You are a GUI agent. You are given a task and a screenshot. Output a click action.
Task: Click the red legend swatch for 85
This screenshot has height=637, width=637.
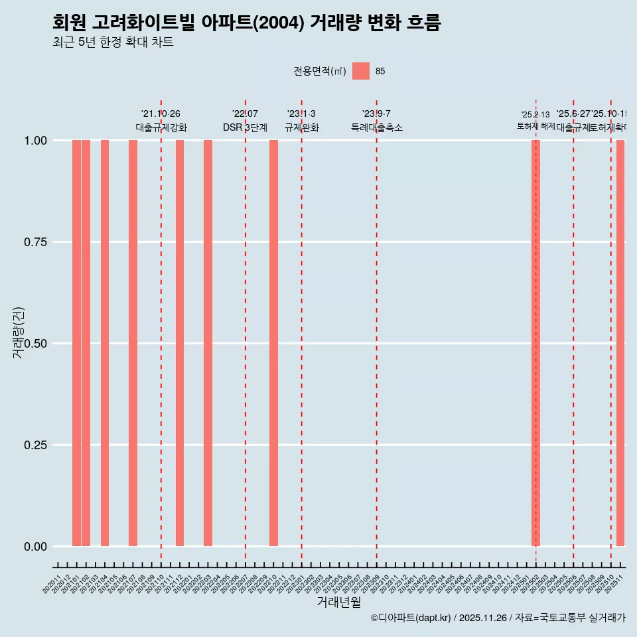tap(361, 71)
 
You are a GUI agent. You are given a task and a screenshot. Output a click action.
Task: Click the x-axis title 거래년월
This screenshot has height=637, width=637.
tap(338, 602)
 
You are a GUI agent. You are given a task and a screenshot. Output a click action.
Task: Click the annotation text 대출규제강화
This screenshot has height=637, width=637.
tap(161, 127)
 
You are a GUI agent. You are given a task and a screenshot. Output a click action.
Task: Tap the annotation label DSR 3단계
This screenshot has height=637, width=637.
tap(245, 127)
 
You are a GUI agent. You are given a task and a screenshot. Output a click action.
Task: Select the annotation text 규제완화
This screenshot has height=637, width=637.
tap(302, 127)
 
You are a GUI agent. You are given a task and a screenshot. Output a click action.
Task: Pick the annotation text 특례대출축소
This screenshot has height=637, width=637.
tap(377, 127)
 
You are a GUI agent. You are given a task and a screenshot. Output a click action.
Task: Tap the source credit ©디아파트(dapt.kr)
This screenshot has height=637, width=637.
tap(411, 618)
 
